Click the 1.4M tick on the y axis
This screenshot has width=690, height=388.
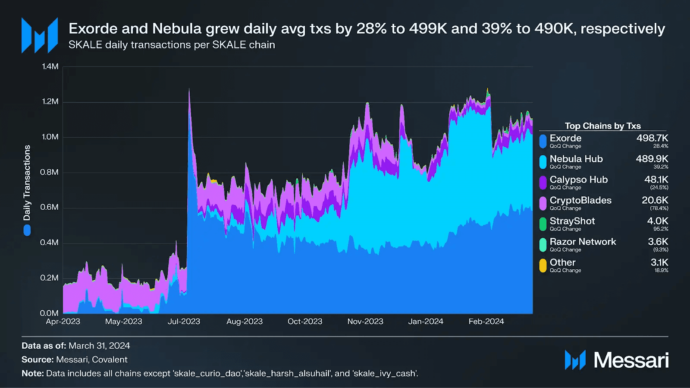click(50, 66)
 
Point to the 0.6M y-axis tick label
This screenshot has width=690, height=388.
click(49, 207)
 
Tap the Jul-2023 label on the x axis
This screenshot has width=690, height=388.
click(184, 322)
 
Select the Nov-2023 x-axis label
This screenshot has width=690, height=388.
click(365, 322)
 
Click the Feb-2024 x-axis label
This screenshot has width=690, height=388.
click(486, 322)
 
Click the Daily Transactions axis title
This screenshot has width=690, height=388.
click(27, 183)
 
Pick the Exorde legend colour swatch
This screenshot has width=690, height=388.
click(543, 141)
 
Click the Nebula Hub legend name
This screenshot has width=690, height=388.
click(576, 159)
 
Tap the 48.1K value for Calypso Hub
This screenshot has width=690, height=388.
click(656, 180)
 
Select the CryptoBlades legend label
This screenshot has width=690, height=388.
click(580, 201)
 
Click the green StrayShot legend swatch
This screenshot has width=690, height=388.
click(543, 224)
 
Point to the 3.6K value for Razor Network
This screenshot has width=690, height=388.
click(658, 242)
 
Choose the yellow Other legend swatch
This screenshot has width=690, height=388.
click(543, 265)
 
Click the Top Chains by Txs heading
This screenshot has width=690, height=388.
click(602, 126)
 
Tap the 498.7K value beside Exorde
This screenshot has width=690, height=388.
click(652, 138)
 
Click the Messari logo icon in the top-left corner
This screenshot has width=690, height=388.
click(40, 35)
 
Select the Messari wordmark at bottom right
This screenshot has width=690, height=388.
click(631, 360)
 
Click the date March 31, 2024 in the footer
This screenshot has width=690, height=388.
click(99, 346)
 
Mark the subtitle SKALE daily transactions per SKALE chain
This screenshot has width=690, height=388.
click(172, 45)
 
